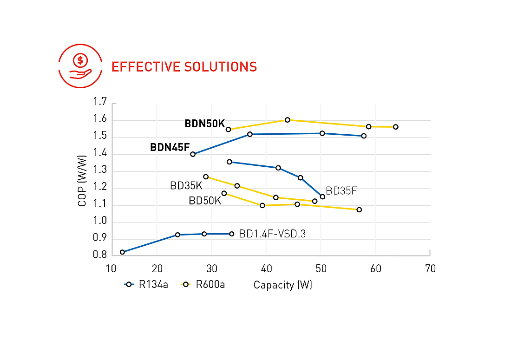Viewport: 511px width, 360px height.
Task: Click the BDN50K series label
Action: tap(204, 124)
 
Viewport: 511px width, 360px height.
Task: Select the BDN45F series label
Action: tap(170, 147)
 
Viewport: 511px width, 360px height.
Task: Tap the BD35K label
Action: tap(186, 185)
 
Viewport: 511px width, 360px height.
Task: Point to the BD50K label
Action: tap(205, 201)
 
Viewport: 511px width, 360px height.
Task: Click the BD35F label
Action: tap(341, 190)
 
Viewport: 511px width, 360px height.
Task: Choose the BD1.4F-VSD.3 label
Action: tap(272, 234)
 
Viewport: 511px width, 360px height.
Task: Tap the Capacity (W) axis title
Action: tap(283, 285)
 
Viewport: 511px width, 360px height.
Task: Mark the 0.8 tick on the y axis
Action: tap(100, 255)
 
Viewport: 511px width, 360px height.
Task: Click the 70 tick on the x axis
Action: tap(430, 269)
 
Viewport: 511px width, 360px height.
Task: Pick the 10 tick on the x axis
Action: tap(111, 269)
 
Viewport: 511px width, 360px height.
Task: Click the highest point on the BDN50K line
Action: tap(288, 120)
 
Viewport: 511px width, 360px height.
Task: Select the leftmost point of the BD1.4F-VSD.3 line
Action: tap(123, 252)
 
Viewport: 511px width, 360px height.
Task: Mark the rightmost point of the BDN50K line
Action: tap(395, 127)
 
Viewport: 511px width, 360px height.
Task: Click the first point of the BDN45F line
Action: tap(193, 154)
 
